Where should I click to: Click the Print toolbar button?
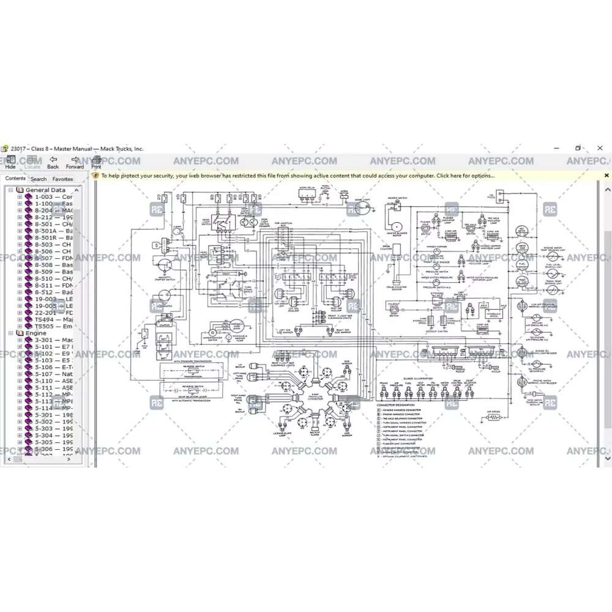tap(96, 162)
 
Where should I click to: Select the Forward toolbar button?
tap(75, 162)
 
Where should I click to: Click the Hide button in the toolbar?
tap(10, 162)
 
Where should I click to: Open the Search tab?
tap(39, 179)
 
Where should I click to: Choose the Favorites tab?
tap(62, 179)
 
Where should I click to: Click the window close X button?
tap(600, 148)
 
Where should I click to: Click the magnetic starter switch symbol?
tap(164, 265)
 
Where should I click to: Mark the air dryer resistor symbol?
tap(493, 419)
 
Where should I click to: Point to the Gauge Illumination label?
tap(417, 379)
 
